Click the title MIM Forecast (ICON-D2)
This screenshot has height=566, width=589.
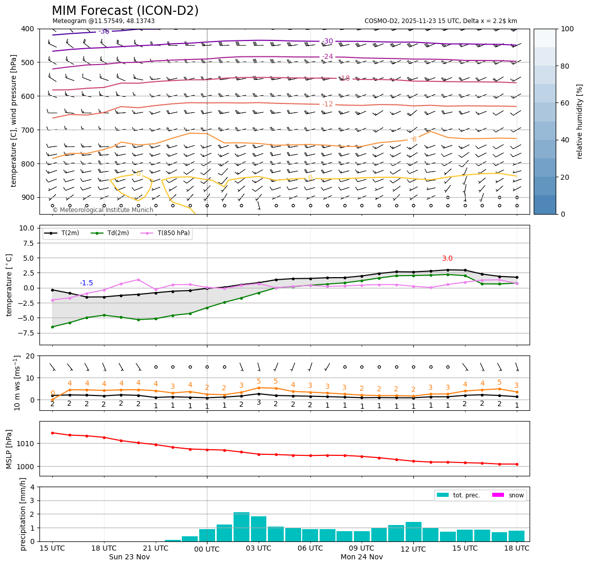[125, 11]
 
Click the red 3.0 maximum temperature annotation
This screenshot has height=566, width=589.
[447, 259]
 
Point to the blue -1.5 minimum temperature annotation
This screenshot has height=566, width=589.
[86, 283]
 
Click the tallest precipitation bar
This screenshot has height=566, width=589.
[241, 527]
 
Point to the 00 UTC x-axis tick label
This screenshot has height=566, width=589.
[207, 549]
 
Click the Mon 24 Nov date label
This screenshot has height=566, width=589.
[362, 557]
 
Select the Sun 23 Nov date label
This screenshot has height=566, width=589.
[130, 557]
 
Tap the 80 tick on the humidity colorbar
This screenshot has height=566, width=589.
[566, 66]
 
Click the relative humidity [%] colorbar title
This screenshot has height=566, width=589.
[580, 121]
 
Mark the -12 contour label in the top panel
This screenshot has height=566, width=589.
[327, 104]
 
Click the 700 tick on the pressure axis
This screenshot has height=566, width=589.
[27, 130]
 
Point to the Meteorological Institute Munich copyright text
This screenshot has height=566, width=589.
[102, 210]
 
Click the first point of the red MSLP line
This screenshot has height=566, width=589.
[52, 433]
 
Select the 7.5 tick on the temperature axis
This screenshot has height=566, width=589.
[27, 243]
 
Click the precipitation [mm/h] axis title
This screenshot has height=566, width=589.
[23, 514]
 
